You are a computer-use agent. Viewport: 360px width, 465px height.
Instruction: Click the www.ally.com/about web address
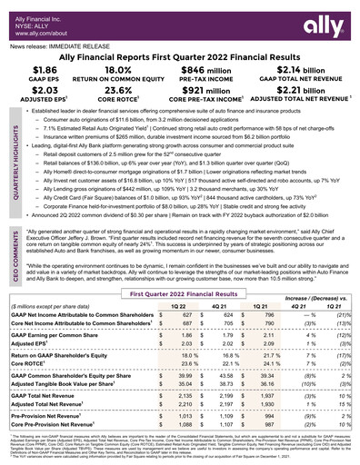click(37, 27)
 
